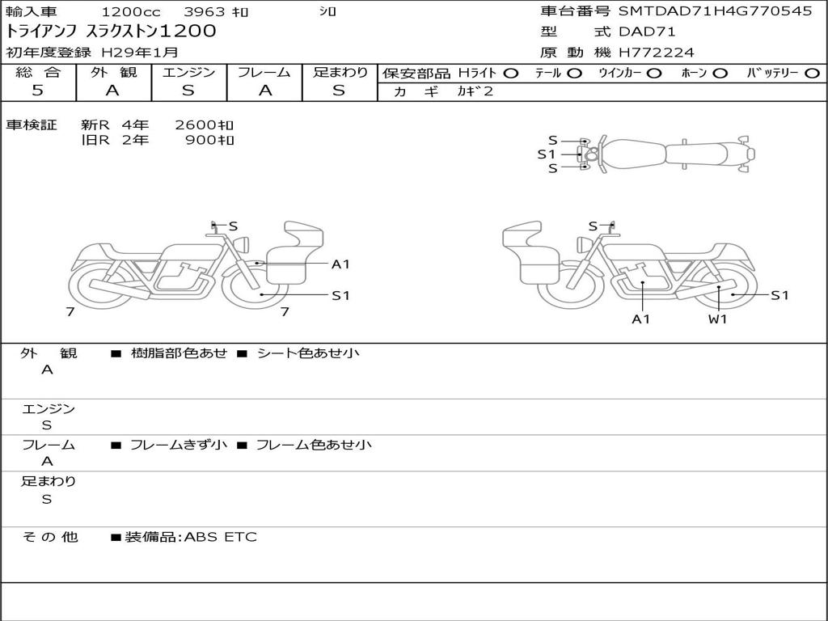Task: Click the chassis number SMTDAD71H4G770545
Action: pos(715,11)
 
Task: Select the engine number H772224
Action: pos(657,53)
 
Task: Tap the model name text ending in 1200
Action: pos(111,32)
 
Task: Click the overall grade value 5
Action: pos(37,90)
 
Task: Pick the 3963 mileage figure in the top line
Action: pos(204,11)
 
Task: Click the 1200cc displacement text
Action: pos(131,11)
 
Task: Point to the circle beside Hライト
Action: pos(511,74)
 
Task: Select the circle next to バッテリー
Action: pos(812,74)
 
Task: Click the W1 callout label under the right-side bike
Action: pos(718,319)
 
